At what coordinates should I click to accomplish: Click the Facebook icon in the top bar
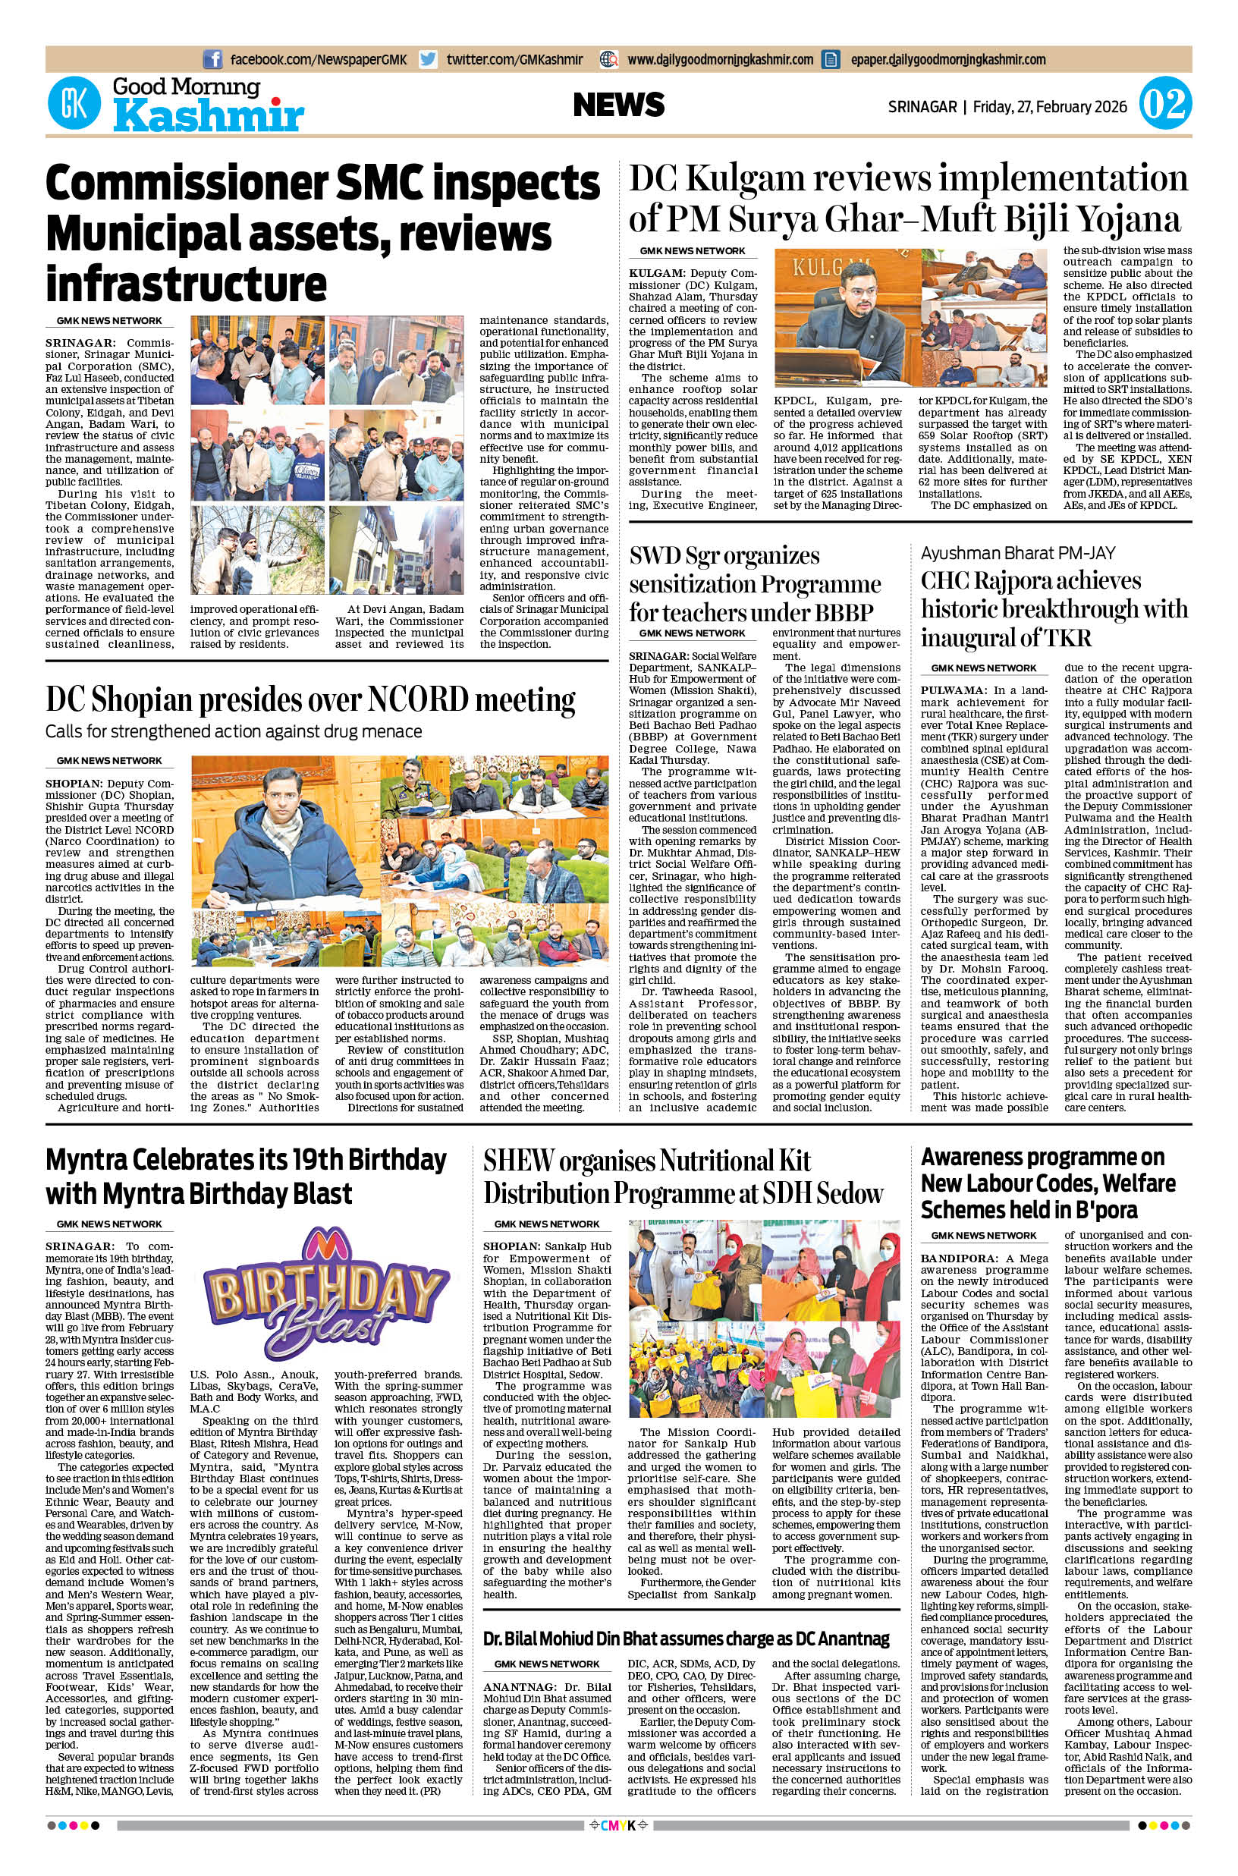[x=212, y=59]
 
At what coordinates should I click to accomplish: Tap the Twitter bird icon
[x=429, y=59]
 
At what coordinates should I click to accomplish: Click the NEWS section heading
[x=619, y=105]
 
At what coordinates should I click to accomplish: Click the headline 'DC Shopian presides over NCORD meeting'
[x=310, y=699]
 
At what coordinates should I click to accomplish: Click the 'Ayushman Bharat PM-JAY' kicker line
[x=1019, y=553]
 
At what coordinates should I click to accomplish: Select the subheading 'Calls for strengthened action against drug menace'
[x=234, y=731]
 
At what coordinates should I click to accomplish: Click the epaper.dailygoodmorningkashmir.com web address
[x=947, y=59]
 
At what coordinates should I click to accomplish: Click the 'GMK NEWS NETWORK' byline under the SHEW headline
[x=547, y=1224]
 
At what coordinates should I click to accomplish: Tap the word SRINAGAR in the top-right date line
[x=922, y=105]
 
